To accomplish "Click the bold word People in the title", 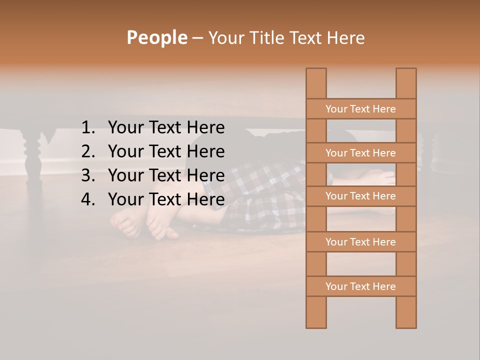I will [156, 37].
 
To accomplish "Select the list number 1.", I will [88, 128].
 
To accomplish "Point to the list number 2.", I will [88, 151].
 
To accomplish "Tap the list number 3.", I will [88, 175].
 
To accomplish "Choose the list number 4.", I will [88, 199].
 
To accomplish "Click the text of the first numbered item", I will [166, 128].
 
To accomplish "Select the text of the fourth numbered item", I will [166, 199].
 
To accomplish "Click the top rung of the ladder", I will [360, 109].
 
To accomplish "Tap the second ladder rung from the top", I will [360, 153].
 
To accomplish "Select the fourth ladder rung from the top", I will [360, 242].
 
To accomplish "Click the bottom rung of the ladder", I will [360, 286].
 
